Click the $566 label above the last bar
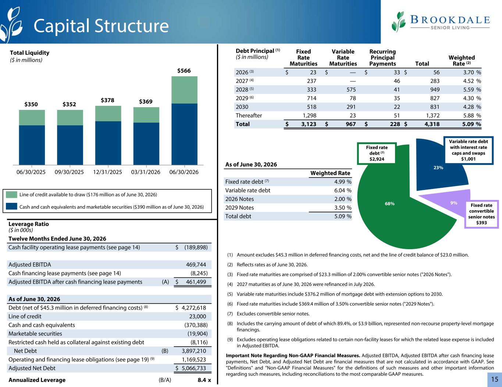184,71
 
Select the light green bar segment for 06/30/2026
184,90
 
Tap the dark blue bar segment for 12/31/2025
108,143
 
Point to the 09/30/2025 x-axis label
69,172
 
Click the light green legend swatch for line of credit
11,194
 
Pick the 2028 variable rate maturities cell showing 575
351,90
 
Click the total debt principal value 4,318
432,124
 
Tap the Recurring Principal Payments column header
382,58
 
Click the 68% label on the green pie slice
389,204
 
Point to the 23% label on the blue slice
438,168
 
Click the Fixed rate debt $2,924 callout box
377,153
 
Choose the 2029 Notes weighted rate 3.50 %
343,208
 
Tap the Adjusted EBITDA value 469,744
196,265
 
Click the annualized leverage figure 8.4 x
204,380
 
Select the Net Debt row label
25,351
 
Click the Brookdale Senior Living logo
441,22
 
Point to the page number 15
495,379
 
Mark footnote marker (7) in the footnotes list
230,314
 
